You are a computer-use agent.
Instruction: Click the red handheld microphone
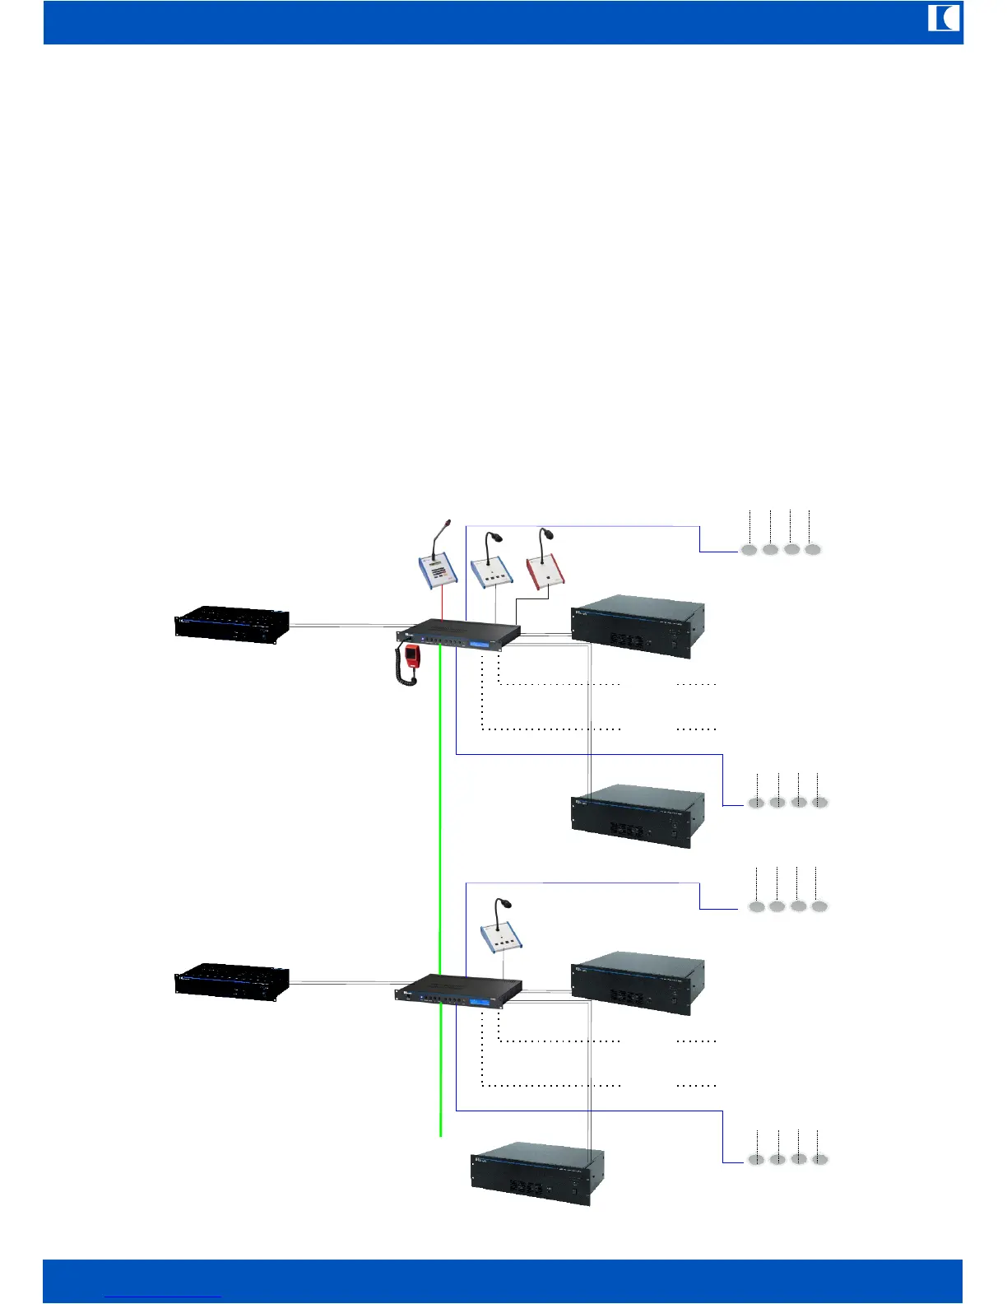tap(411, 655)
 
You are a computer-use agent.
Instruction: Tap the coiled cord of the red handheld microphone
tap(406, 676)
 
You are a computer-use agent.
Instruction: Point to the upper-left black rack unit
tap(232, 624)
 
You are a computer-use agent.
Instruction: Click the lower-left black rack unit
tap(232, 981)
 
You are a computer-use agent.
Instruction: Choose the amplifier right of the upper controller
tap(638, 626)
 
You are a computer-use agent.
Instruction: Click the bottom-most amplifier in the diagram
tap(538, 1174)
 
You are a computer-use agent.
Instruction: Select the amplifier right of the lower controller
tap(638, 983)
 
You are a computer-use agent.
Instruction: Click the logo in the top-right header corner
tap(944, 18)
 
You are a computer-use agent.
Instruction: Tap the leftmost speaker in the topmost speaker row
tap(749, 550)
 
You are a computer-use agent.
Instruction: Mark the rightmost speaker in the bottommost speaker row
tap(819, 1159)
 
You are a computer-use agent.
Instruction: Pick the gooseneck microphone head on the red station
tap(545, 533)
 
